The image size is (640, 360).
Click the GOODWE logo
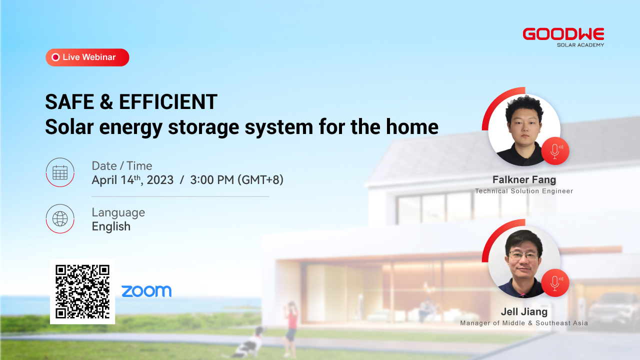pyautogui.click(x=563, y=34)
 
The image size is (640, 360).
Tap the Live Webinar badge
pyautogui.click(x=87, y=57)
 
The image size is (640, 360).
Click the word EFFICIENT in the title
pyautogui.click(x=168, y=102)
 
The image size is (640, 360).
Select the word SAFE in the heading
pyautogui.click(x=69, y=102)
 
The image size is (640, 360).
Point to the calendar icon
pyautogui.click(x=60, y=172)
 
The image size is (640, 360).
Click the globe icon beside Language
pyautogui.click(x=60, y=219)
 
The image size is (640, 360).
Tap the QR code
pyautogui.click(x=82, y=291)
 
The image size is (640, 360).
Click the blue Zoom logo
pyautogui.click(x=146, y=291)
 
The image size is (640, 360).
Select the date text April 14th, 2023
pyautogui.click(x=132, y=180)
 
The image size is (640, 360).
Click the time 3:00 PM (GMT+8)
pyautogui.click(x=237, y=180)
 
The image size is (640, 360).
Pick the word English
pyautogui.click(x=111, y=226)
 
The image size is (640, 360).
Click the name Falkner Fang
pyautogui.click(x=524, y=179)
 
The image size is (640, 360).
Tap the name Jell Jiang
pyautogui.click(x=524, y=311)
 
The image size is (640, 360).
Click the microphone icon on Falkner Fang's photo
pyautogui.click(x=555, y=151)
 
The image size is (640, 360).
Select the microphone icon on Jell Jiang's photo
pyautogui.click(x=555, y=283)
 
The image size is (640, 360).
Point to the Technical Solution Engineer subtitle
pyautogui.click(x=524, y=191)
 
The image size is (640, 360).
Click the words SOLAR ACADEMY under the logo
pyautogui.click(x=580, y=45)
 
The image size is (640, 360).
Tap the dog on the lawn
pyautogui.click(x=248, y=343)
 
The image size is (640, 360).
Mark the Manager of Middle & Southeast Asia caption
pyautogui.click(x=524, y=323)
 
